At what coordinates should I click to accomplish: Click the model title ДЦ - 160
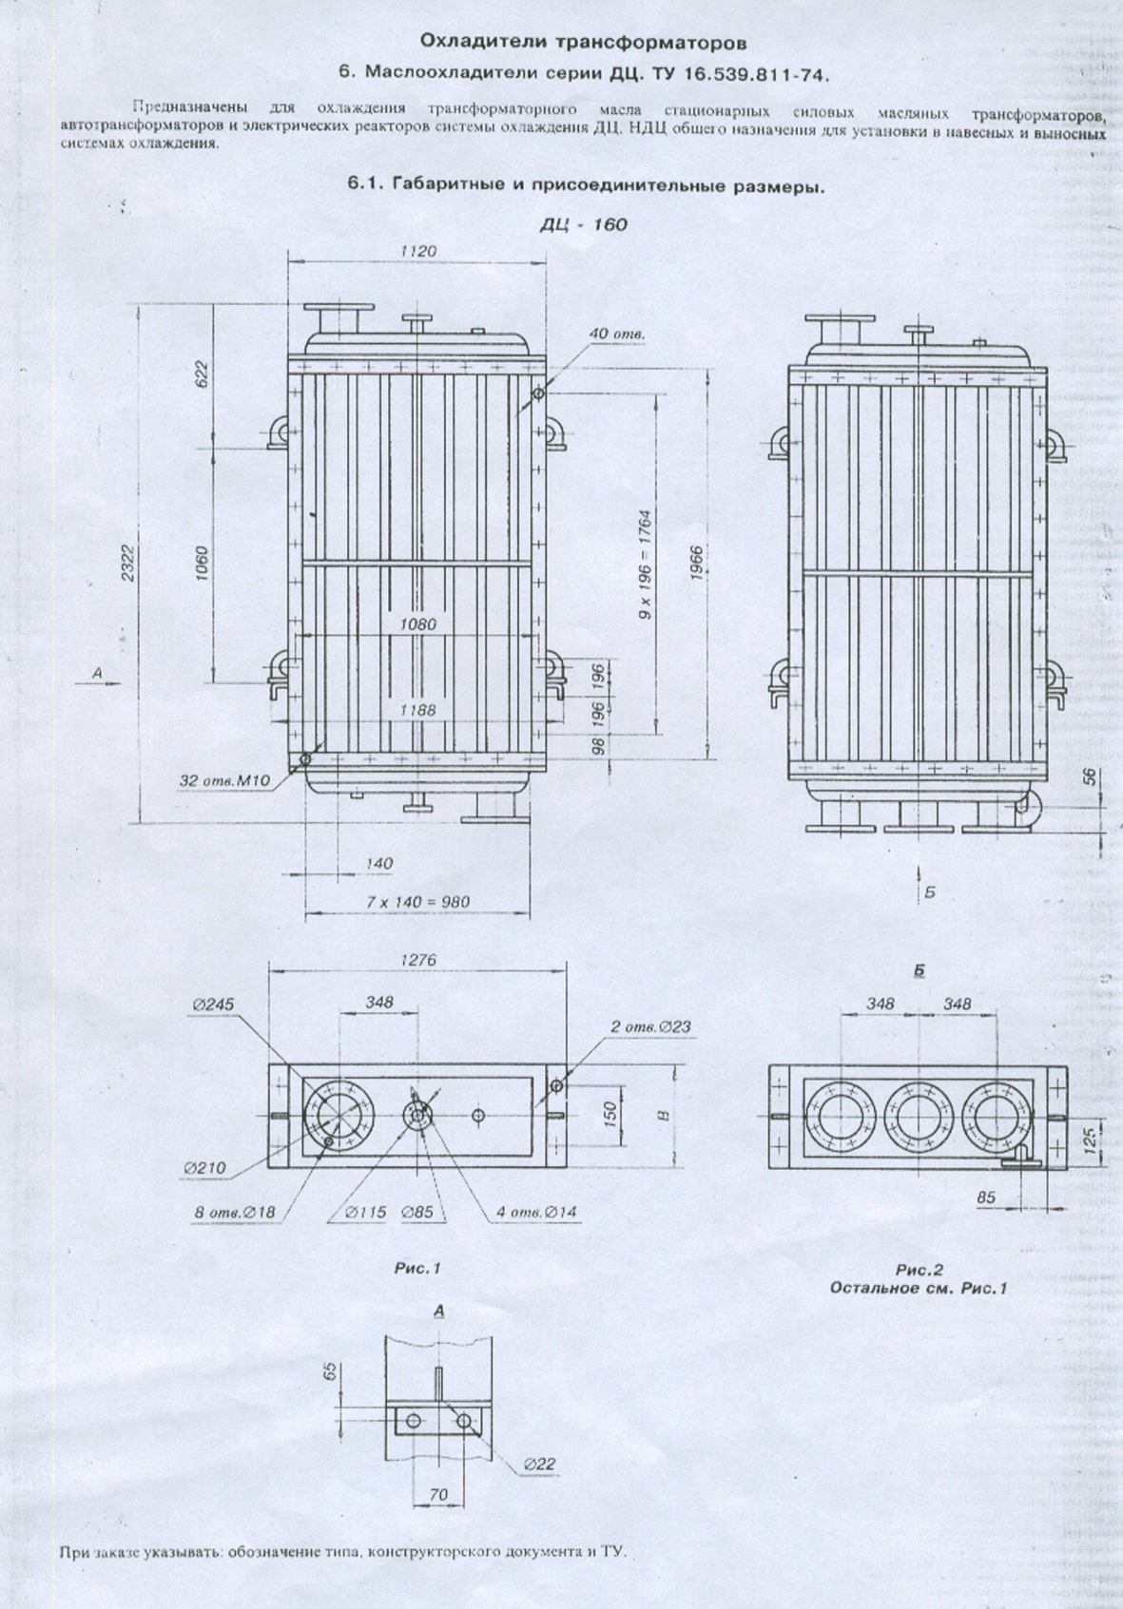584,225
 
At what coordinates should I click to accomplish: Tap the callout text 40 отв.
617,334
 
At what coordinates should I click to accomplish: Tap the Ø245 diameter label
213,1005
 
